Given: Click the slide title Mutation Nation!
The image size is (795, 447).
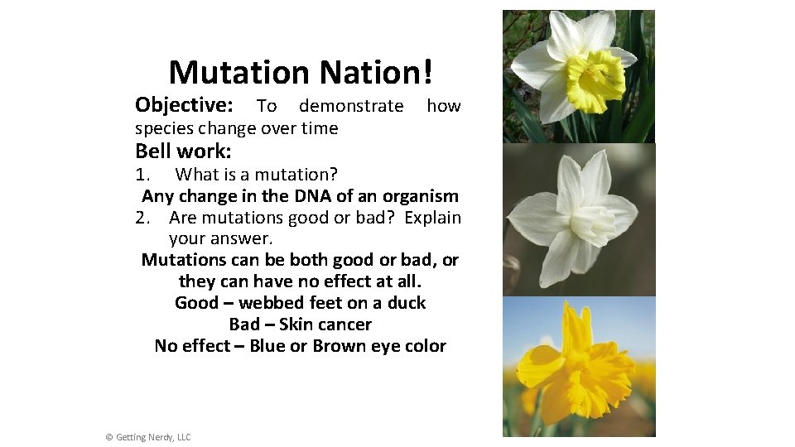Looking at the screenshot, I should click(x=300, y=73).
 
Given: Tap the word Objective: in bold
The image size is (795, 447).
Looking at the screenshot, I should click(x=184, y=105).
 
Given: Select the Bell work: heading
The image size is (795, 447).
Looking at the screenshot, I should click(x=183, y=151).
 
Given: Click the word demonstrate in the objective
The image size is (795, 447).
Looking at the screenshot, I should click(x=351, y=106).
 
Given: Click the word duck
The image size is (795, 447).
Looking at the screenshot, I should click(x=405, y=303).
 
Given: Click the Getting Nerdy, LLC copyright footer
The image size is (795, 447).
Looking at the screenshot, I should click(x=148, y=437).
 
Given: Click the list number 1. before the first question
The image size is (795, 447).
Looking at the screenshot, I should click(x=143, y=175).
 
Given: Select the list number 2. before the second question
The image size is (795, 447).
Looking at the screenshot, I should click(x=143, y=218).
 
